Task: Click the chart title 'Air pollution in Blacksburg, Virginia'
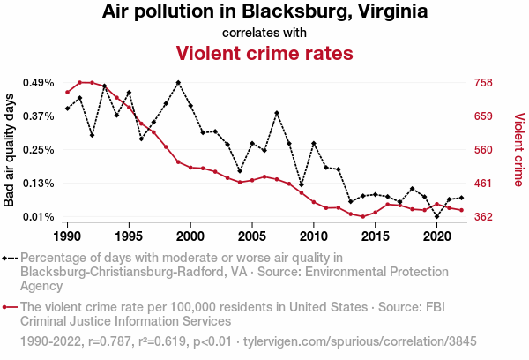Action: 264,12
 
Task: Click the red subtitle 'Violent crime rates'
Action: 264,53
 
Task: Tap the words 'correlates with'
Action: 264,33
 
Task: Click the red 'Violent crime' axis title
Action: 518,149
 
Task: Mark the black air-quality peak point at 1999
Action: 178,83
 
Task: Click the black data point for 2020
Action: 437,216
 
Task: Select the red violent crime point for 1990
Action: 67,92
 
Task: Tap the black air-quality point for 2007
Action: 277,113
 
